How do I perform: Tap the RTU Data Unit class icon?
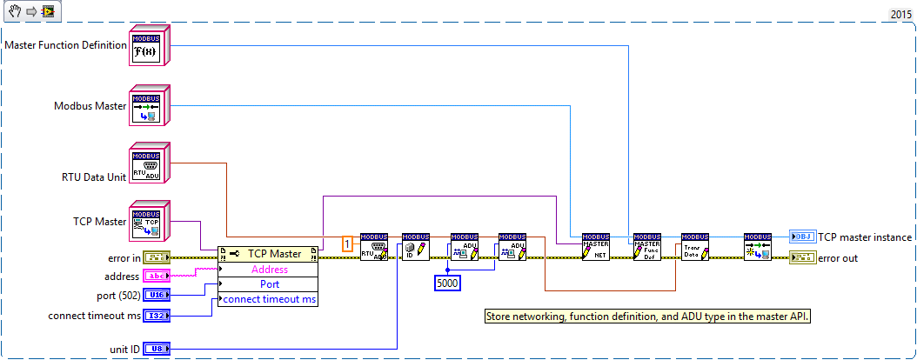[x=147, y=165]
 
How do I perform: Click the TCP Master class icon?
[x=147, y=223]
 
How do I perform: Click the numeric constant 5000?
[x=447, y=283]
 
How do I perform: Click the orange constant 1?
[x=347, y=244]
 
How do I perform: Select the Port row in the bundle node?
[x=269, y=284]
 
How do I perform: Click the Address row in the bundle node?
[x=269, y=270]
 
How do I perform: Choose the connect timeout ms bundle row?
[x=269, y=299]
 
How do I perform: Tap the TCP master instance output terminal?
[x=801, y=237]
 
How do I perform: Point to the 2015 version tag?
[x=900, y=15]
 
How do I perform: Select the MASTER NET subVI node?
[x=596, y=248]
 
